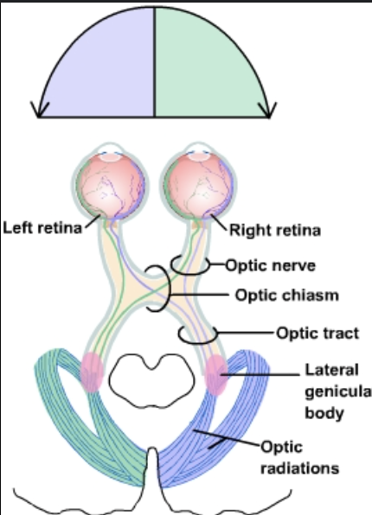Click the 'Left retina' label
coord(43,229)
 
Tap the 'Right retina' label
coord(275,231)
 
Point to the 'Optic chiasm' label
coord(282,295)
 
